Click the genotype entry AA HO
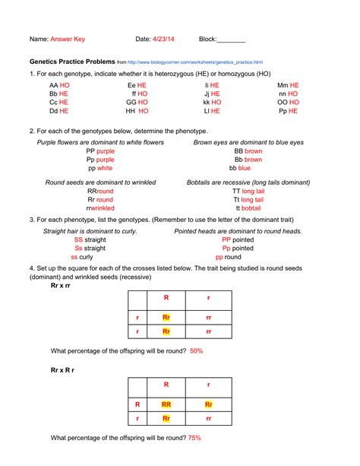pyautogui.click(x=59, y=86)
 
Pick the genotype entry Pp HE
pyautogui.click(x=288, y=110)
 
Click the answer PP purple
pyautogui.click(x=100, y=151)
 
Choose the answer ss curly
pyautogui.click(x=81, y=257)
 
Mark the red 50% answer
pyautogui.click(x=196, y=350)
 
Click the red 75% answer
pyautogui.click(x=194, y=438)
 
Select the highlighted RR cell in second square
pyautogui.click(x=166, y=404)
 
